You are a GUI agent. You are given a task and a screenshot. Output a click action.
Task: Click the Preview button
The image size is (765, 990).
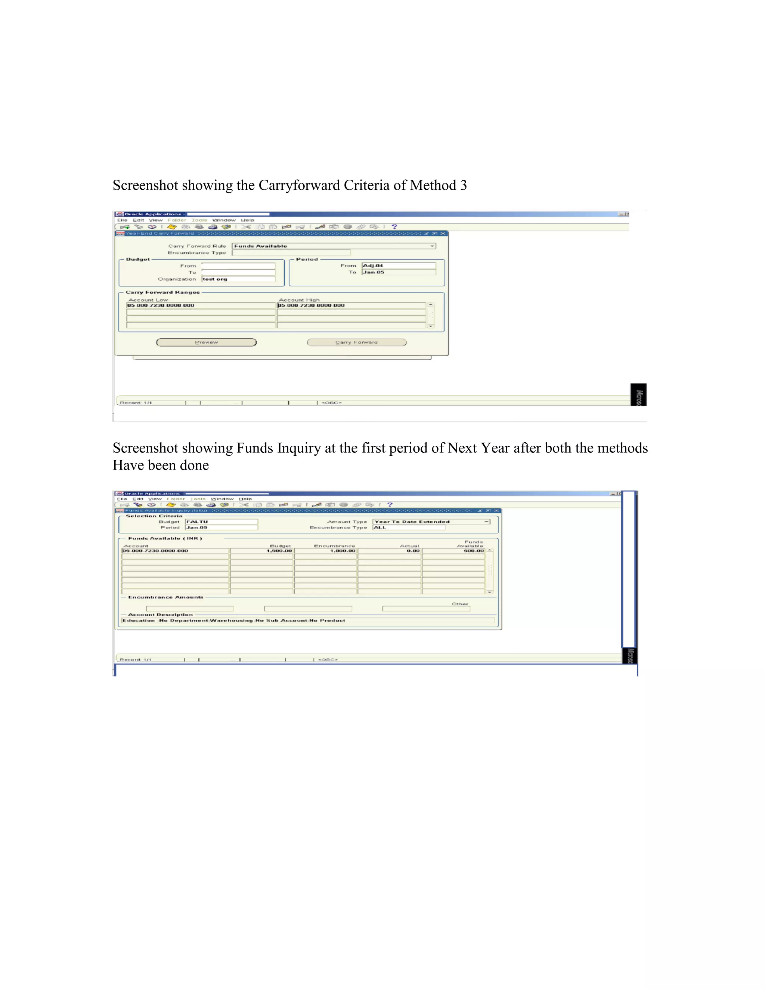pyautogui.click(x=206, y=342)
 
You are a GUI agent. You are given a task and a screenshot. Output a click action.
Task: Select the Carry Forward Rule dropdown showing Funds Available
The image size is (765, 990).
pyautogui.click(x=334, y=246)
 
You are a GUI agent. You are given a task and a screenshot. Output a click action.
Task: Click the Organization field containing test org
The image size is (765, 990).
pyautogui.click(x=238, y=279)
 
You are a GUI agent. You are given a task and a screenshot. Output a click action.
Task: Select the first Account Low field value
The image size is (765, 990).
pyautogui.click(x=201, y=306)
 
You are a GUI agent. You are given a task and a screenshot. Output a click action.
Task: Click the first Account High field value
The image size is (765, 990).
pyautogui.click(x=351, y=306)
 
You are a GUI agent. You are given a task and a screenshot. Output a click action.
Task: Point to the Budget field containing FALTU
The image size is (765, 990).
pyautogui.click(x=221, y=522)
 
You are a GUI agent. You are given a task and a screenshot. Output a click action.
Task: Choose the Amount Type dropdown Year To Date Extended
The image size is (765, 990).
pyautogui.click(x=431, y=522)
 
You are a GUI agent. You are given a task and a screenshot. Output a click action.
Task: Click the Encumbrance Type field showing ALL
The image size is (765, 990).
pyautogui.click(x=408, y=528)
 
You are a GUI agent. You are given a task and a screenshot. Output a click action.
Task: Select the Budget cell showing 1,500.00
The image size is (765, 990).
pyautogui.click(x=261, y=551)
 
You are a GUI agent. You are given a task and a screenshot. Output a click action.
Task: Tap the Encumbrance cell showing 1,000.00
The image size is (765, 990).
pyautogui.click(x=325, y=551)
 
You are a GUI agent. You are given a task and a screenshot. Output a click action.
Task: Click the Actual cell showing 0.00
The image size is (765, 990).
pyautogui.click(x=389, y=551)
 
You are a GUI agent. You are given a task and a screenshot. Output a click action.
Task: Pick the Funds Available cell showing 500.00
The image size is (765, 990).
pyautogui.click(x=453, y=551)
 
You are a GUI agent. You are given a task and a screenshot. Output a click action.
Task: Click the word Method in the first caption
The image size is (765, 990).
pyautogui.click(x=433, y=185)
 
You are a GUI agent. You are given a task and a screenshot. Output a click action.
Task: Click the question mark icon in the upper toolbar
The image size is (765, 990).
pyautogui.click(x=394, y=227)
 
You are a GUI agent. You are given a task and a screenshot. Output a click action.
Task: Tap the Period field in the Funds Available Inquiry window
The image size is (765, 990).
pyautogui.click(x=221, y=528)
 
